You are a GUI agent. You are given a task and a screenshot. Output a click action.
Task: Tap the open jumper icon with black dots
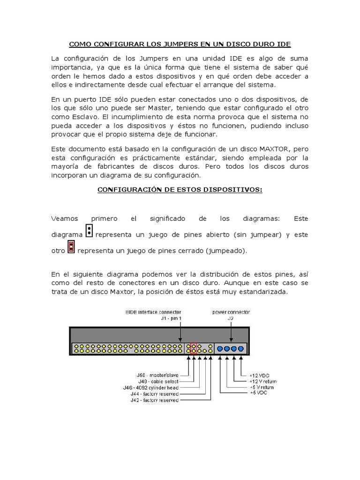click(89, 231)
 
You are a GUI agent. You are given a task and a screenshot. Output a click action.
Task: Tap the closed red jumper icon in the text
click(71, 247)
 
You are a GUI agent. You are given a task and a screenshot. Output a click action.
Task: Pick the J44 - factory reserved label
click(155, 394)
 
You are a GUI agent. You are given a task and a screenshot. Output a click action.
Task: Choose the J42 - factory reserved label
click(155, 400)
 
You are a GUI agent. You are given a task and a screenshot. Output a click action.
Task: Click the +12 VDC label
click(260, 375)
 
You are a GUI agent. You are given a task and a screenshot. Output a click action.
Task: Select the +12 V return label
click(262, 382)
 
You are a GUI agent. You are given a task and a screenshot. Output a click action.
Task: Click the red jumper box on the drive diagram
click(194, 348)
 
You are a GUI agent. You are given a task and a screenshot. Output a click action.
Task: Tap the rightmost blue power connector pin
click(241, 348)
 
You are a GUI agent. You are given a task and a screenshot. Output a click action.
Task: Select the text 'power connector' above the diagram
click(231, 312)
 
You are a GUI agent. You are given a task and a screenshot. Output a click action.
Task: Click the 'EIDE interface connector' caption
click(153, 312)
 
